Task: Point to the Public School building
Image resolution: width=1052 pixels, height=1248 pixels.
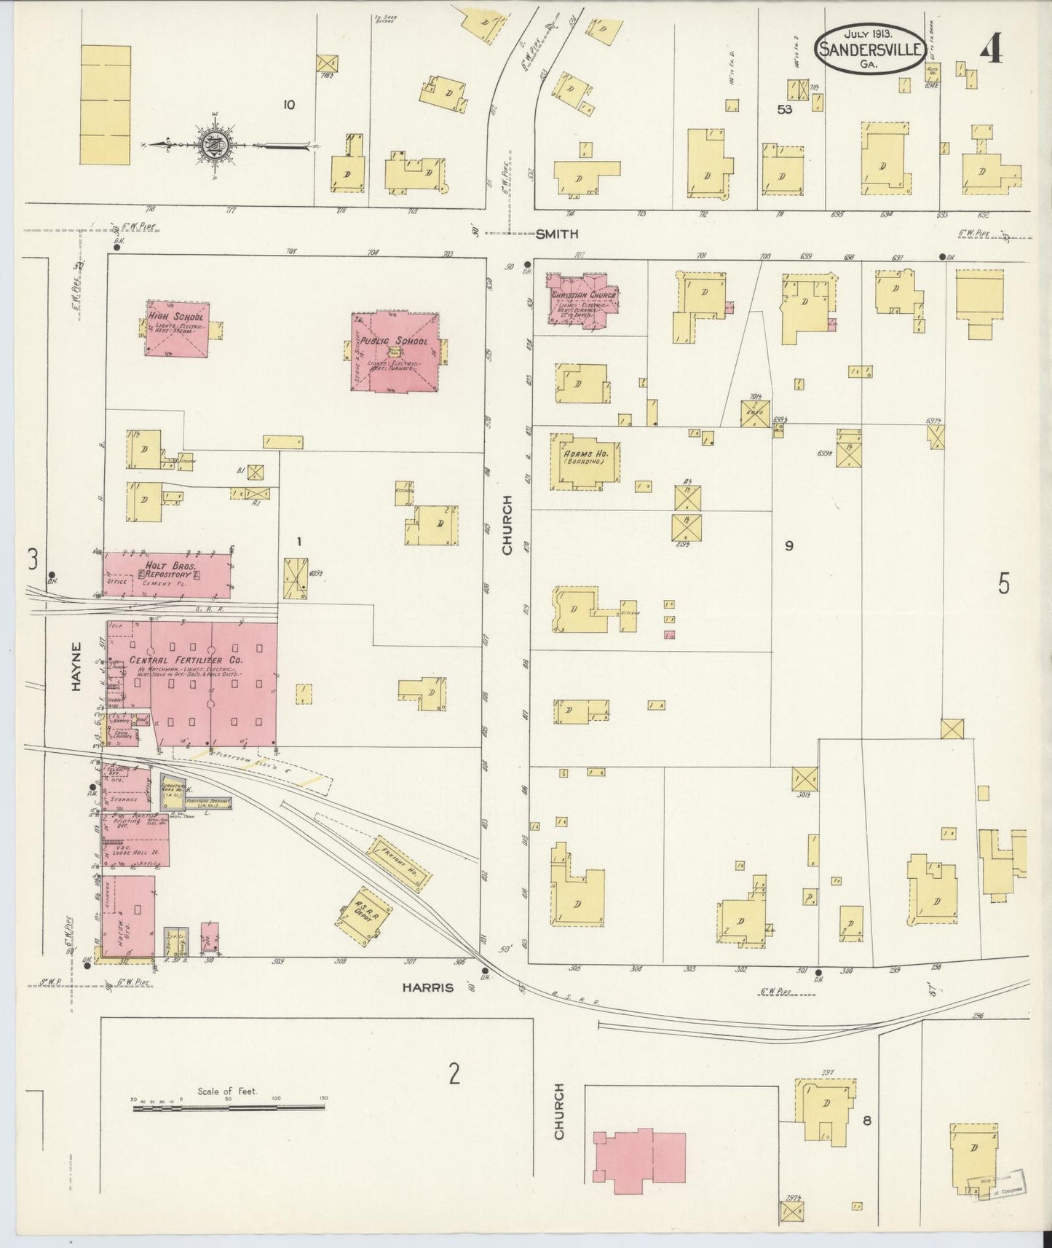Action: [x=395, y=352]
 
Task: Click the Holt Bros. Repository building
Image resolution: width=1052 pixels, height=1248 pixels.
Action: [x=167, y=574]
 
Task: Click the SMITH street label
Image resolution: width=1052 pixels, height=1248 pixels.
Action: [x=556, y=234]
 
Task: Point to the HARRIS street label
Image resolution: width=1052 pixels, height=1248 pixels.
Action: [x=429, y=988]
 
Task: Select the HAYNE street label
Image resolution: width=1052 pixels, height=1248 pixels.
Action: [x=77, y=665]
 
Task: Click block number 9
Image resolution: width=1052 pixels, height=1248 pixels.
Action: [x=788, y=545]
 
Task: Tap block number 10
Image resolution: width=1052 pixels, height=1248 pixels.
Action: [x=289, y=105]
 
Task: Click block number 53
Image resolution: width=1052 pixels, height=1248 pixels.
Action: [x=784, y=110]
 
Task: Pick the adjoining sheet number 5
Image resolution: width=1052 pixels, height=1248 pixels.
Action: [x=1003, y=584]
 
